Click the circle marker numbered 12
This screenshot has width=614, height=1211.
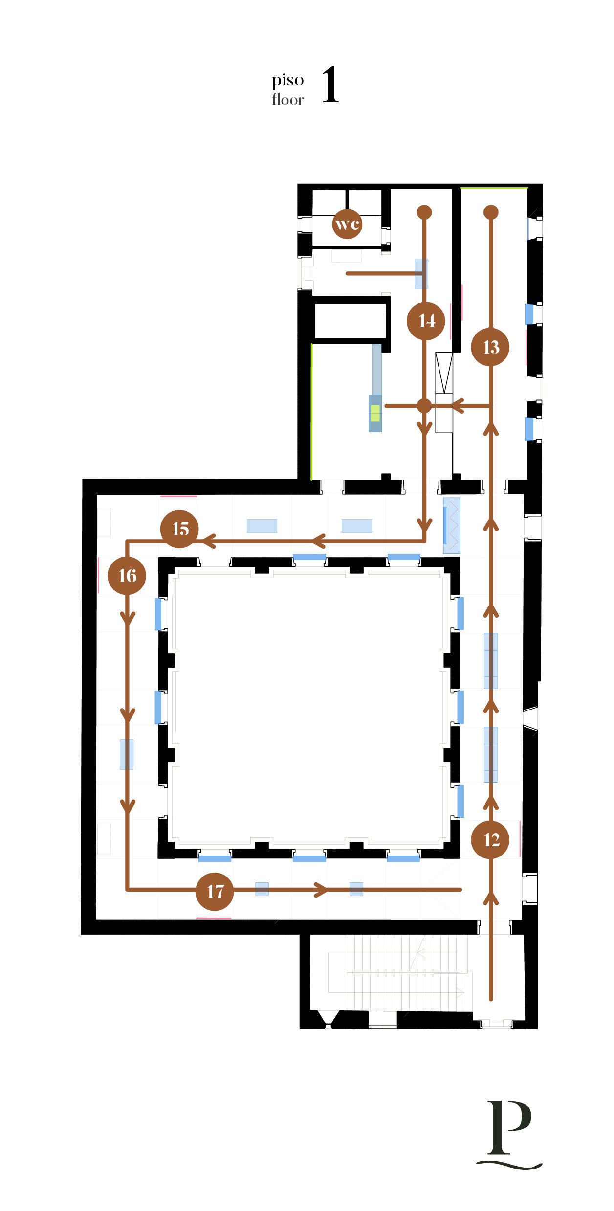pos(490,839)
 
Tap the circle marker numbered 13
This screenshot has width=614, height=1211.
pos(490,347)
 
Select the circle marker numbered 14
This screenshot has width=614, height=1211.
pos(426,321)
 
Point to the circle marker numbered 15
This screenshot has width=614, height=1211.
pos(179,529)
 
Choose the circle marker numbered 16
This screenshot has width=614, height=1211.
pos(127,576)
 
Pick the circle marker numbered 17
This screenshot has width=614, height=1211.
pos(214,892)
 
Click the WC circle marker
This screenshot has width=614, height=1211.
pos(347,224)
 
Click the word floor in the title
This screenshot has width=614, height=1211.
pos(288,99)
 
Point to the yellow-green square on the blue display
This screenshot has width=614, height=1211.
pos(375,413)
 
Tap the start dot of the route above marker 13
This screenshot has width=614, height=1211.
pos(491,212)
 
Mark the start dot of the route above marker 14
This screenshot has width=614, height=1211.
pos(424,212)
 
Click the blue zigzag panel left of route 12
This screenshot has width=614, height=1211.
pos(452,525)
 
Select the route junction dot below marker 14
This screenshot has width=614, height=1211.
pos(424,405)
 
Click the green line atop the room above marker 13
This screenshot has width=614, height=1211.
pos(494,188)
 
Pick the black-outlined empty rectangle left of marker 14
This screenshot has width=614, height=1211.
pos(351,320)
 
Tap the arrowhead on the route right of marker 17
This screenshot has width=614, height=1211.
pos(321,890)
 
